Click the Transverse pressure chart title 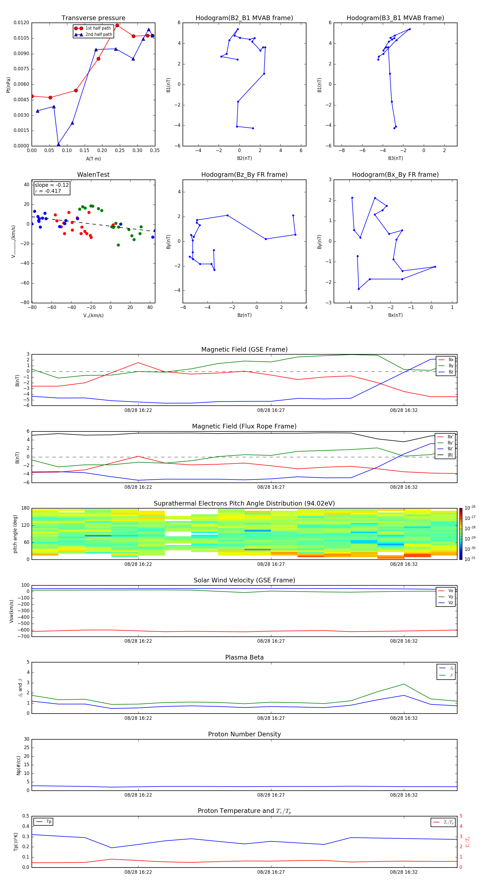93,18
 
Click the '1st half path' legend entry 98,28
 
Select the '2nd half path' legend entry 99,34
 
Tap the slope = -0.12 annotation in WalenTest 52,185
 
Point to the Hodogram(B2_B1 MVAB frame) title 244,18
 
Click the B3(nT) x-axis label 395,158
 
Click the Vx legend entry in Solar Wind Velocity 450,591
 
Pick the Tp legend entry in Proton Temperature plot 48,822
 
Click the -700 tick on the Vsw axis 23,636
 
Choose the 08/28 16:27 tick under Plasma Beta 271,718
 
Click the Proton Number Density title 244,734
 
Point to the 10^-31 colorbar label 469,559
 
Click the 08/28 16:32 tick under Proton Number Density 403,795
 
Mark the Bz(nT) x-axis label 244,315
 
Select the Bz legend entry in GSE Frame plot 451,372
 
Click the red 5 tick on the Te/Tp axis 461,816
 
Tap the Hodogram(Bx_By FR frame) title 395,175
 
